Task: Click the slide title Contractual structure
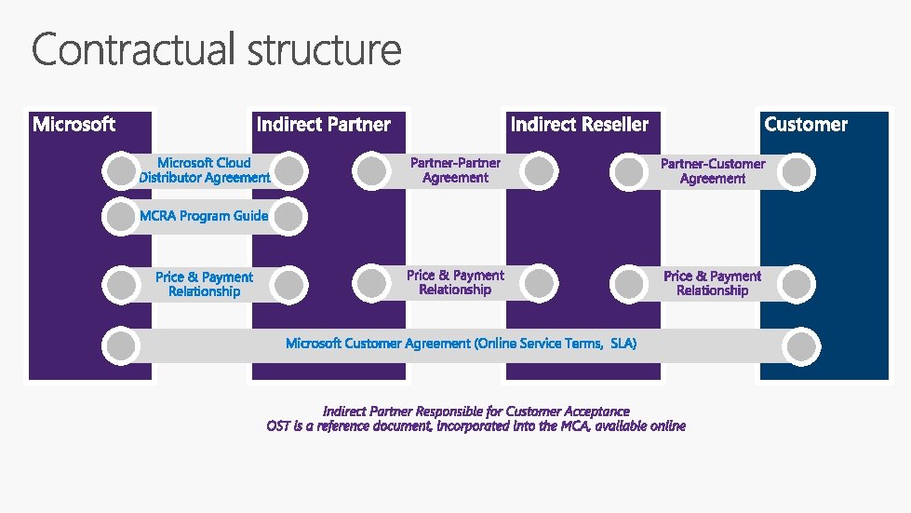(x=217, y=50)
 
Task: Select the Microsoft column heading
(x=74, y=124)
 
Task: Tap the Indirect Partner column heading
(x=323, y=124)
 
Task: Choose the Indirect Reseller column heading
(x=579, y=124)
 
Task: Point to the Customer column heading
(x=806, y=124)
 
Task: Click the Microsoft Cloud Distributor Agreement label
(x=205, y=170)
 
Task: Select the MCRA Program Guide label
(x=204, y=216)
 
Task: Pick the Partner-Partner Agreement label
(x=455, y=170)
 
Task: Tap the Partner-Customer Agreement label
(x=713, y=171)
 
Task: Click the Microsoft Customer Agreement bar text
(x=462, y=344)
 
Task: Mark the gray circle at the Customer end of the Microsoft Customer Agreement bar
(x=801, y=346)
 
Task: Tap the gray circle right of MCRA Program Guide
(x=289, y=217)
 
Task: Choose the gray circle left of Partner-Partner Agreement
(x=371, y=170)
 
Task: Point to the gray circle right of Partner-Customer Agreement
(x=797, y=171)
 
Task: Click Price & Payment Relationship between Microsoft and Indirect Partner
(x=204, y=284)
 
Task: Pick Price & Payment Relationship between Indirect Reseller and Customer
(x=712, y=283)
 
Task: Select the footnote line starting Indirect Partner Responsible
(x=476, y=411)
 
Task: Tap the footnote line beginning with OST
(x=476, y=426)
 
